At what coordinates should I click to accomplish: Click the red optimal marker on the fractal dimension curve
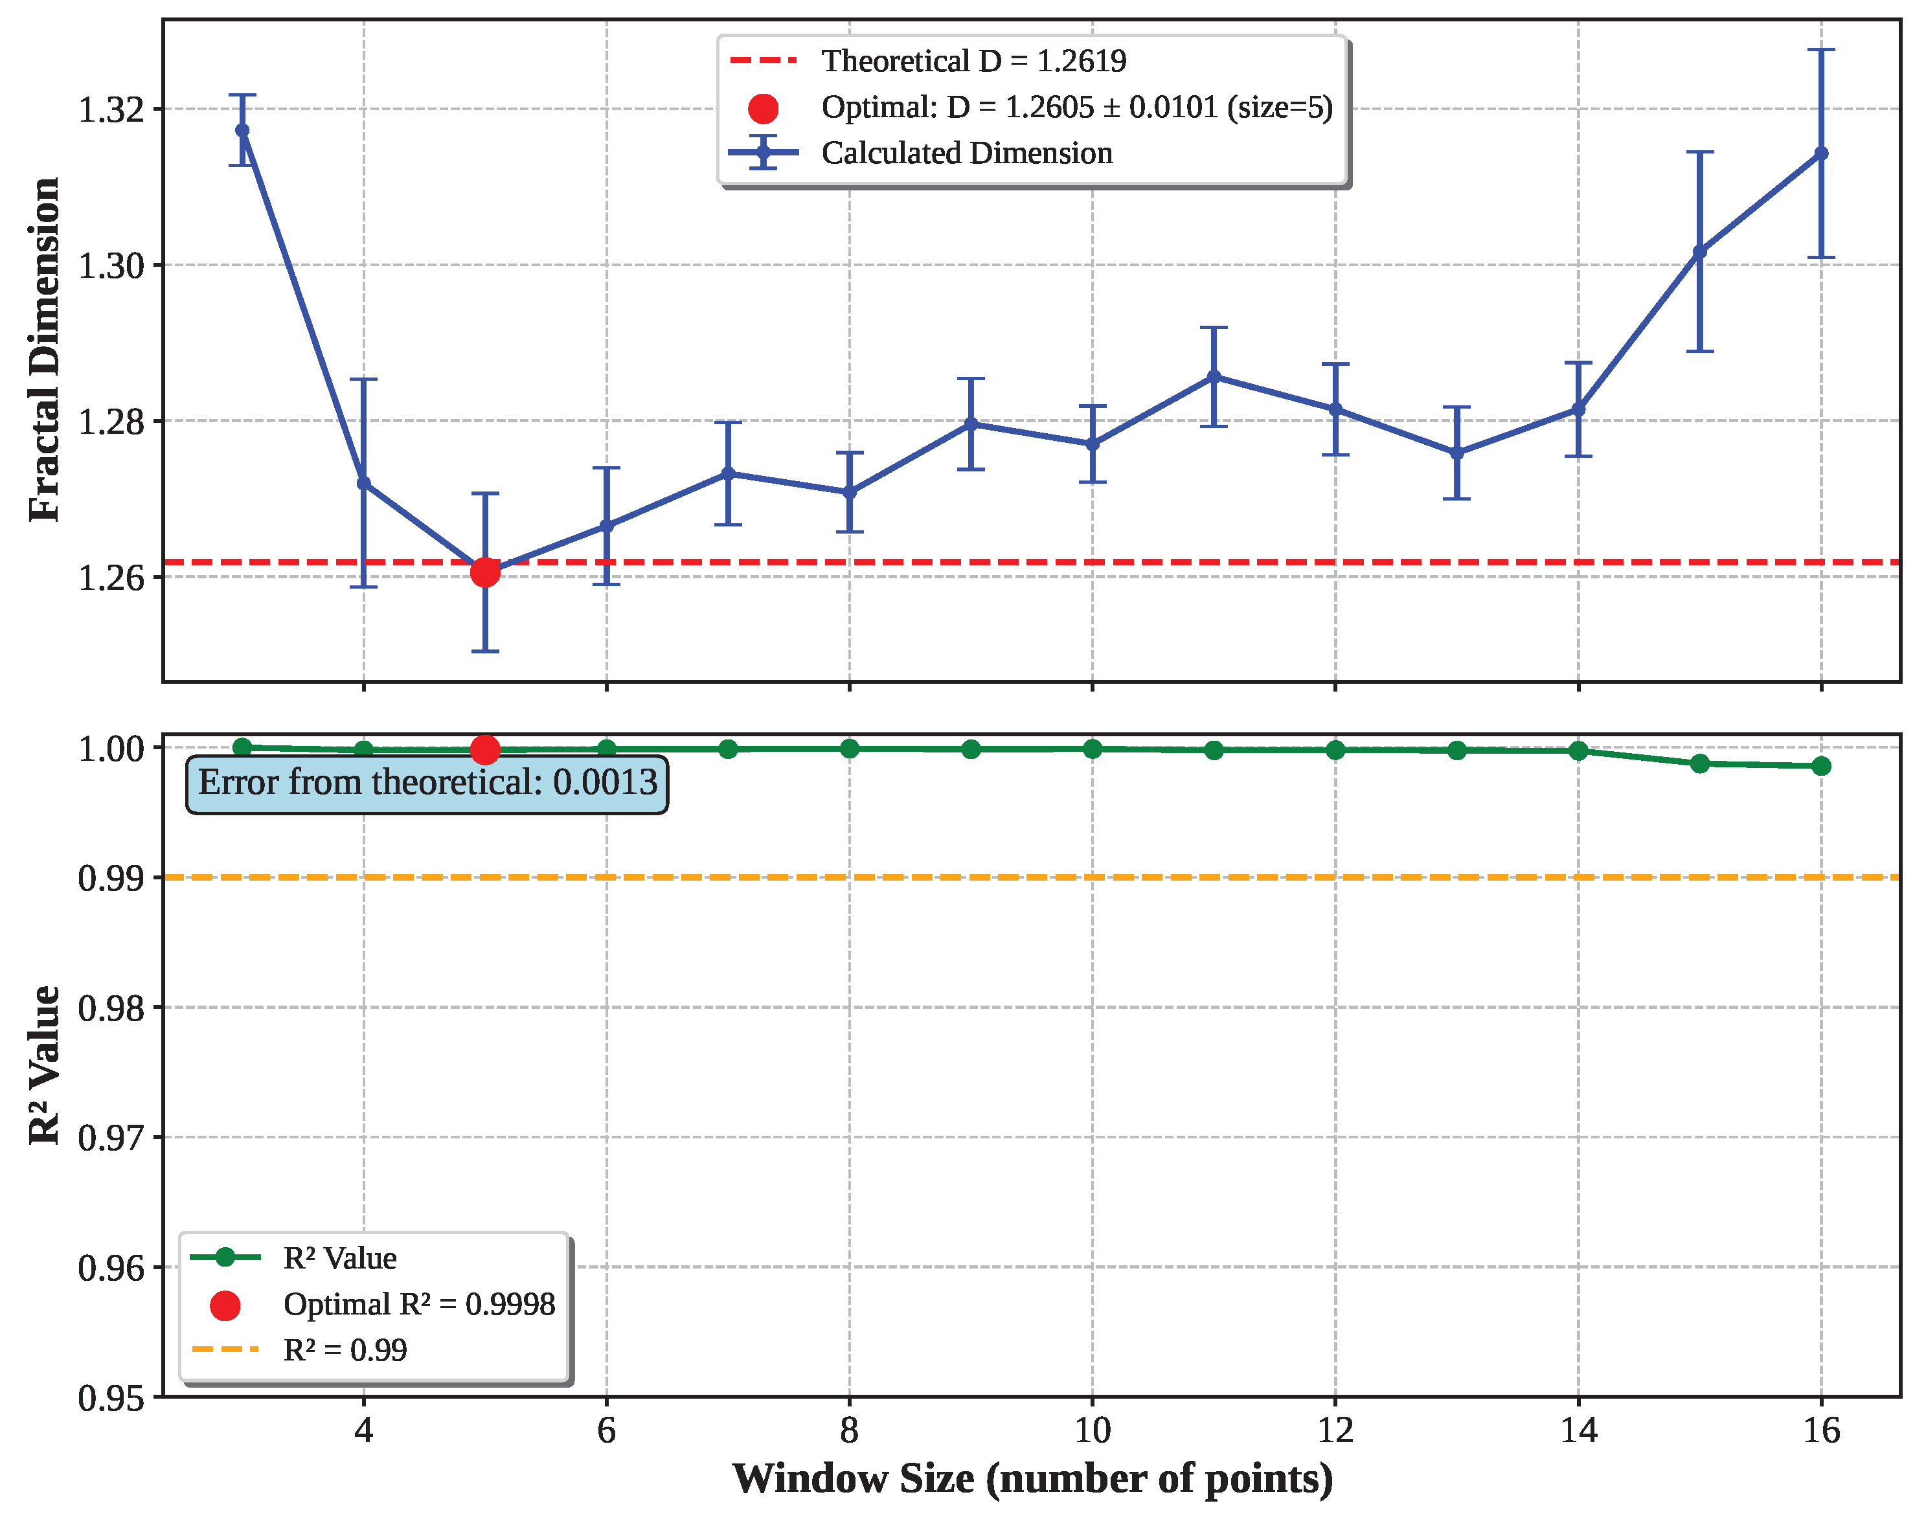[485, 572]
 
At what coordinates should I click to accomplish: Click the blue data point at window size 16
[1821, 153]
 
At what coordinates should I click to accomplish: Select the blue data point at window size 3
[242, 130]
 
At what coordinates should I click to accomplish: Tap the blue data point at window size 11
[1214, 376]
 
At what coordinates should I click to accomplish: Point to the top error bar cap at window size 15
[1699, 152]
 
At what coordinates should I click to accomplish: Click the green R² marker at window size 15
[1699, 763]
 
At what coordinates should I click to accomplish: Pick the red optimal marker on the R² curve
[485, 750]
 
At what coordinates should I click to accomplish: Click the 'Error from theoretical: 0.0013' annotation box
[427, 783]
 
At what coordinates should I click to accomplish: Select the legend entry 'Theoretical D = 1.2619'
[973, 61]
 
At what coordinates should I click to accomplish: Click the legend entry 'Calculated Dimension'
[967, 153]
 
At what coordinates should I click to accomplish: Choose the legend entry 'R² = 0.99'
[345, 1350]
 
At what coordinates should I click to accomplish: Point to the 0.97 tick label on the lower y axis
[111, 1138]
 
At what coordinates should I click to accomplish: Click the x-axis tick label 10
[1093, 1430]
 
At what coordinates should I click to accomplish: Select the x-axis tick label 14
[1578, 1430]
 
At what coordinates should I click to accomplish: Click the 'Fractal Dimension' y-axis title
[45, 350]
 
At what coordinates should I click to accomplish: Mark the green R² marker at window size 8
[849, 748]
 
